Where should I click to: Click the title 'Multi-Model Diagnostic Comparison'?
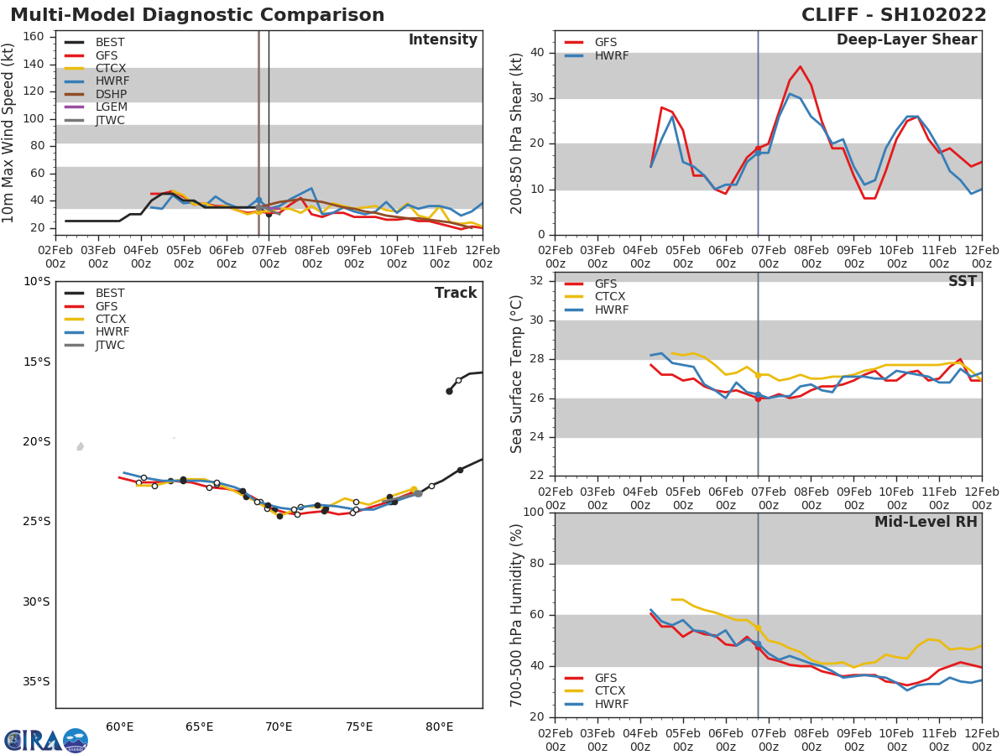(x=197, y=15)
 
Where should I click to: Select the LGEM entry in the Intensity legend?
(x=110, y=107)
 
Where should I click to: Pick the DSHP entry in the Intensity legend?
(x=111, y=94)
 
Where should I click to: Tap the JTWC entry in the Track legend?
(x=110, y=346)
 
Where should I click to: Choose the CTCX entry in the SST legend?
(x=610, y=297)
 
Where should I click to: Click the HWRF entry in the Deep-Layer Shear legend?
(x=611, y=55)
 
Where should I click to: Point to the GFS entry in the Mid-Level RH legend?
(x=611, y=678)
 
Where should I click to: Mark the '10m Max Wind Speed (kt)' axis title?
(x=9, y=133)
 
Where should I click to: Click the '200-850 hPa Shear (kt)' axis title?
(x=517, y=133)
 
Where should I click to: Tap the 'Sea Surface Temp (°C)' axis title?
(x=517, y=374)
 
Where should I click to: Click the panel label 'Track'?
(x=456, y=294)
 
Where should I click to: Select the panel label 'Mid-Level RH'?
(x=926, y=522)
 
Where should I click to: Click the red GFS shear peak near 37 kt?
(x=800, y=67)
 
